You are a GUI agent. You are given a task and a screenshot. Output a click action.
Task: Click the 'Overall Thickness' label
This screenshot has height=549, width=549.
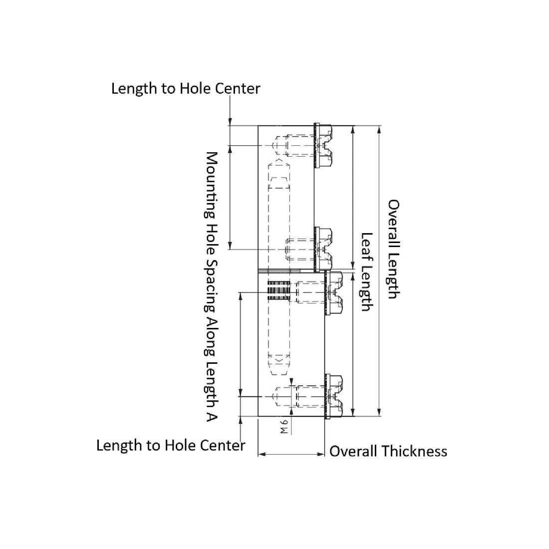[x=388, y=451]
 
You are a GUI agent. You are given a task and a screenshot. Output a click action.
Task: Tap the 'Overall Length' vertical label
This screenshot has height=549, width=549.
[x=394, y=249]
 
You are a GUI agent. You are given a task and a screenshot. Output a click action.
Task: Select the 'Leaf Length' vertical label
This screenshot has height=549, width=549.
[x=367, y=272]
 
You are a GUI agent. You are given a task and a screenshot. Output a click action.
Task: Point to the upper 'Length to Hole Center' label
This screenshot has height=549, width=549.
[x=186, y=88]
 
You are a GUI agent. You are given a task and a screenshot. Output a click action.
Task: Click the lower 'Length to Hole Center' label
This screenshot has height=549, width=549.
[x=171, y=446]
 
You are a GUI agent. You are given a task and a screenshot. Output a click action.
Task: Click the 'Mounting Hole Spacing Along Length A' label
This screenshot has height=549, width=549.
[x=212, y=286]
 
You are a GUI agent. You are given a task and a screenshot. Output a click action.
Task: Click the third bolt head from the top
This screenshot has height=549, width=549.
[x=334, y=292]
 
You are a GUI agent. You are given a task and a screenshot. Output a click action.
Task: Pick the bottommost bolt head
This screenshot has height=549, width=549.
[x=334, y=396]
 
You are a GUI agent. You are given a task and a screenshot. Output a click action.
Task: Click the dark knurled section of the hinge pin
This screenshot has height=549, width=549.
[x=279, y=290]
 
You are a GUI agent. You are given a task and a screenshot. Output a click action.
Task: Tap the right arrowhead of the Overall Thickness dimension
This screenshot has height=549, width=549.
[x=320, y=454]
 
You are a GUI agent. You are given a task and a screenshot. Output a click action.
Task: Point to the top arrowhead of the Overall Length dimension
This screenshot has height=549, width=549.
[x=378, y=130]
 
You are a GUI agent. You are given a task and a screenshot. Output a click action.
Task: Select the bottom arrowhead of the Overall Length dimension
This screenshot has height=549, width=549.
[x=378, y=412]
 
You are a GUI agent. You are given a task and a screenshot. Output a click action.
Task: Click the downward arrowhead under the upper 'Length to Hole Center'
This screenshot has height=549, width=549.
[x=230, y=121]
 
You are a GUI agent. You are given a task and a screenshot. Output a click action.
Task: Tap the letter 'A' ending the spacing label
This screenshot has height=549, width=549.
[x=212, y=416]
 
